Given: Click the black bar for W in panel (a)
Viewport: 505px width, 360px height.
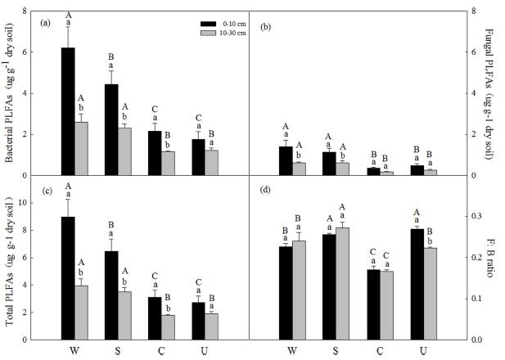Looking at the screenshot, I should [69, 111].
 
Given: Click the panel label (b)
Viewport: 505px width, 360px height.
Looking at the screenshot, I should [265, 28].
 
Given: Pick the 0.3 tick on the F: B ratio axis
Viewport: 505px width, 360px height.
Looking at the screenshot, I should [476, 216].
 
